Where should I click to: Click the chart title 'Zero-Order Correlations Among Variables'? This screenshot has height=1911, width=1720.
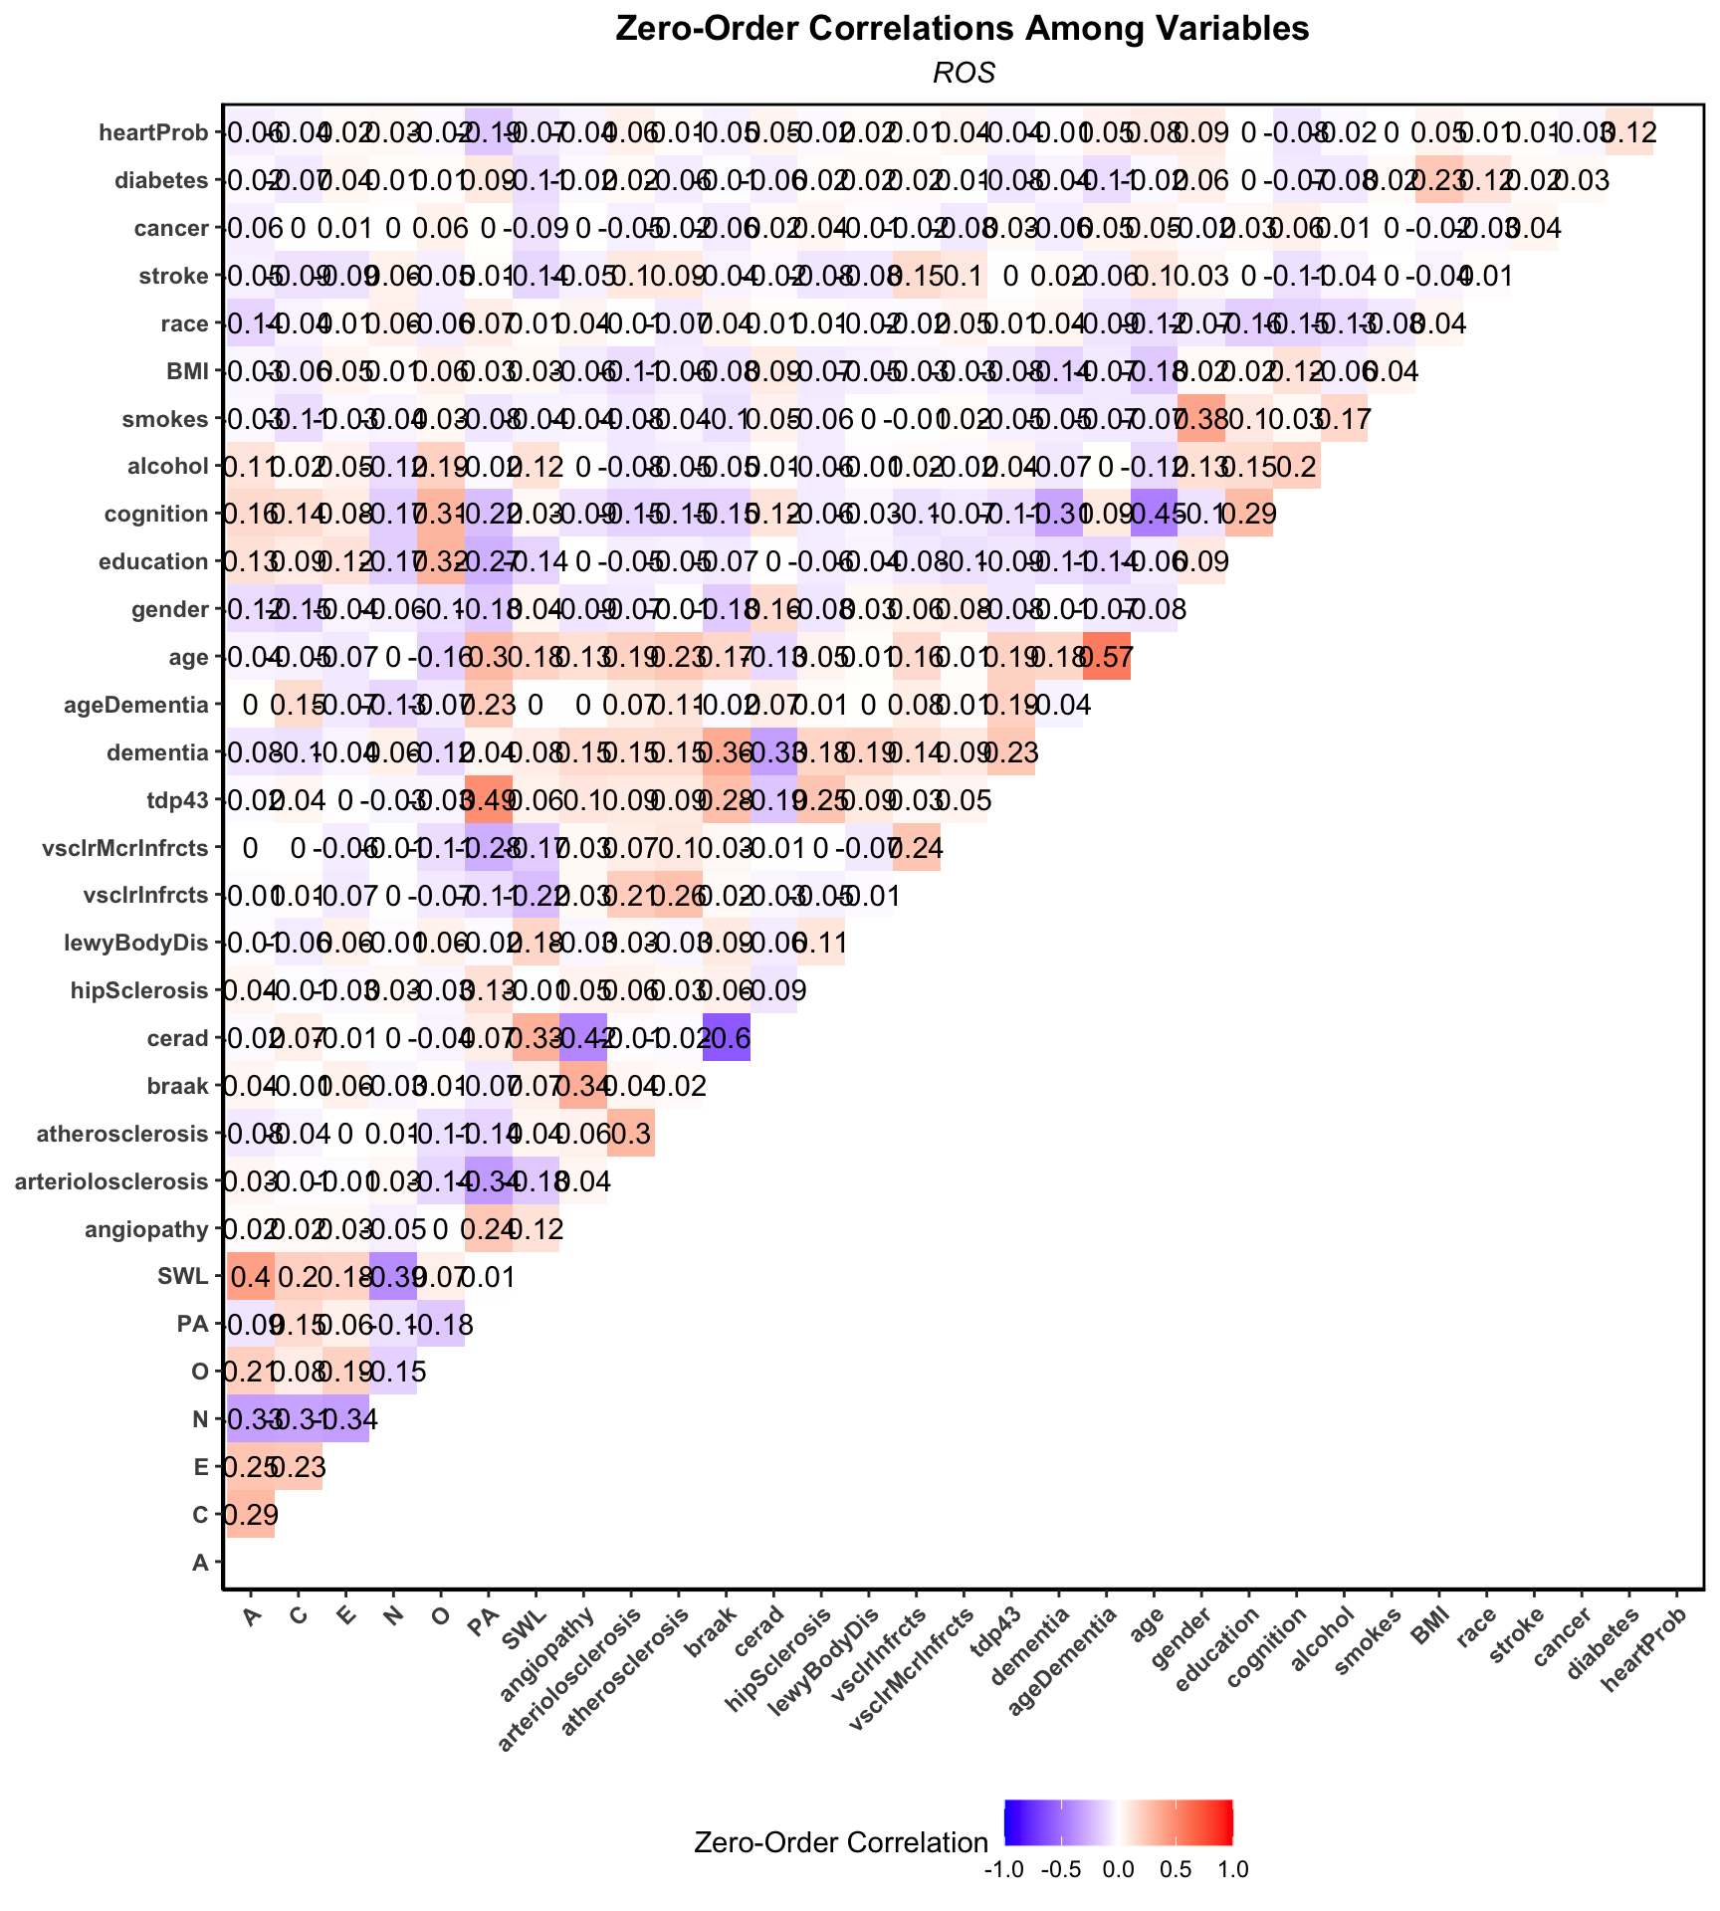[962, 29]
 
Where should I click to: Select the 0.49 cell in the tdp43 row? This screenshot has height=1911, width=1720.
[488, 800]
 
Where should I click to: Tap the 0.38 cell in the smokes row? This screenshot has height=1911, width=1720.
[1200, 419]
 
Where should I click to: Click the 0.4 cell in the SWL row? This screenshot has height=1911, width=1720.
[251, 1277]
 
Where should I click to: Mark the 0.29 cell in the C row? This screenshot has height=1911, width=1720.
[251, 1515]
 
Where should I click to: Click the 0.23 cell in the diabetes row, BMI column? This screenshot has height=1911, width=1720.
[1438, 180]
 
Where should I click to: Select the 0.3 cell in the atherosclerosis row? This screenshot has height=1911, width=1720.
[631, 1134]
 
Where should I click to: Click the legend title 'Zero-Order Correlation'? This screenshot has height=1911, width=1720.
[841, 1842]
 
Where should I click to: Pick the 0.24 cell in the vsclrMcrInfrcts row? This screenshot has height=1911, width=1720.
[918, 848]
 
